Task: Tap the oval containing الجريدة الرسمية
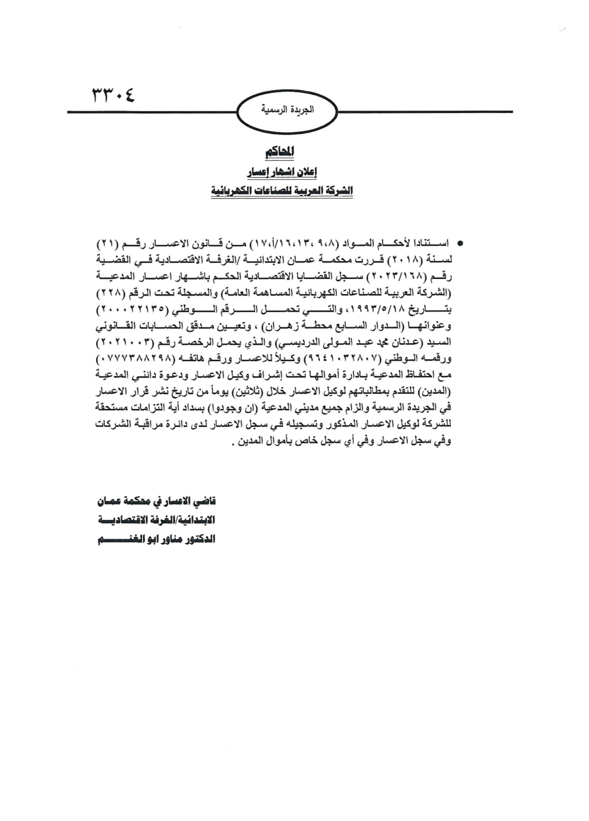(287, 112)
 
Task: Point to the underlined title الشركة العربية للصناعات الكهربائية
(282, 191)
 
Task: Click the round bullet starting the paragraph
(458, 244)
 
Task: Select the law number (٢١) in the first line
(107, 244)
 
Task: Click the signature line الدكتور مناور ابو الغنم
(156, 539)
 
